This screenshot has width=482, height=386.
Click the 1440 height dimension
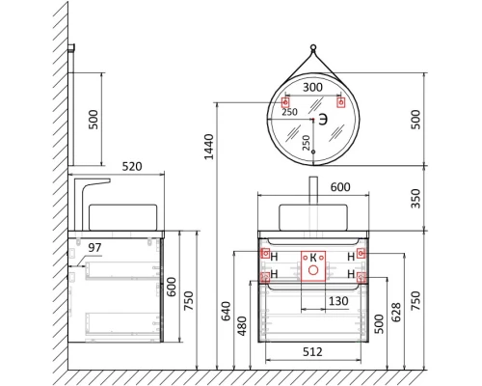point(209,145)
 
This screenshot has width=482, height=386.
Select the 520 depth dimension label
point(132,167)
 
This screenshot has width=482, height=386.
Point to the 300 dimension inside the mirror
point(312,87)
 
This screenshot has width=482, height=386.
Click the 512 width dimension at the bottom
point(313,352)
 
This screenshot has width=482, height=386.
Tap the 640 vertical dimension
point(225,312)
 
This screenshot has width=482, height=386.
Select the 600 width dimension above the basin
point(314,188)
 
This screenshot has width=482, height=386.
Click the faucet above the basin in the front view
point(314,189)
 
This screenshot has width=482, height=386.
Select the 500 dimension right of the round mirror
point(415,118)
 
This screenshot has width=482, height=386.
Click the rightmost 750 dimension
point(416,300)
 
